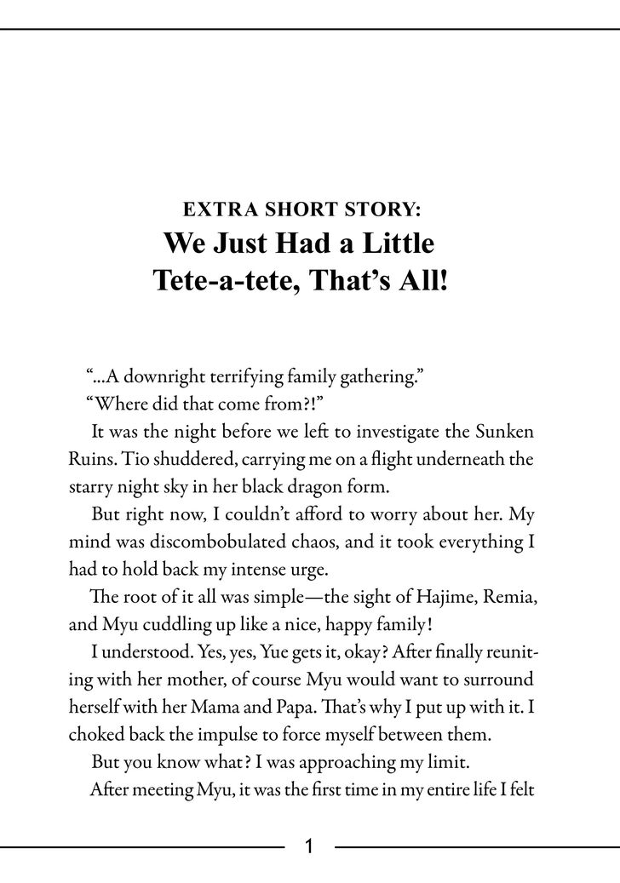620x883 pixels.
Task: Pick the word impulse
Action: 239,736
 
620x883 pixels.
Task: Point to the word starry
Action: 93,488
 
